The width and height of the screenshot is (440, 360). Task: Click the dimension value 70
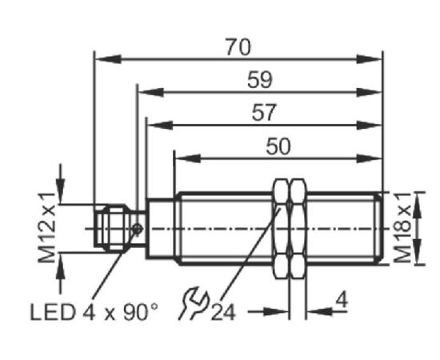pos(238,48)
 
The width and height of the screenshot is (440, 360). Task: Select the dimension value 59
pos(260,80)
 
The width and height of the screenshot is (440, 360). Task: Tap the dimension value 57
pos(264,113)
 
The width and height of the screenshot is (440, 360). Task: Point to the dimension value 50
pos(278,146)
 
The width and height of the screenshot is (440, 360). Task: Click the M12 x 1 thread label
pos(46,228)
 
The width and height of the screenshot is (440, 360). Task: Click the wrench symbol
pos(194,304)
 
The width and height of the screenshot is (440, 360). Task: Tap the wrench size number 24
pos(223,313)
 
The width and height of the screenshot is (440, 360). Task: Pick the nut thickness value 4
pos(342,300)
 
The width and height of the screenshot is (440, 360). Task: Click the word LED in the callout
pos(53,312)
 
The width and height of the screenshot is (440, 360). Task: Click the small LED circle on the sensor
pos(138,229)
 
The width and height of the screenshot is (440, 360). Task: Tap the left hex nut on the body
pos(281,229)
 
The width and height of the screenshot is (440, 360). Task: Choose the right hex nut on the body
pos(298,229)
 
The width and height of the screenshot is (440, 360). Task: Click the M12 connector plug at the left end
pos(111,228)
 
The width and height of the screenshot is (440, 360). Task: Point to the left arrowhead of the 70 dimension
pos(108,59)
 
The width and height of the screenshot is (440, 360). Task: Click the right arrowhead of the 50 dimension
pos(370,158)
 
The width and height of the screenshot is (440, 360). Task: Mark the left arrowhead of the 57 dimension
pos(160,126)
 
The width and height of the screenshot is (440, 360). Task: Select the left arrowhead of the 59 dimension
pos(151,93)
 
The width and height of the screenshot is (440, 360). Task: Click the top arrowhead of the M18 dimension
pos(418,205)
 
